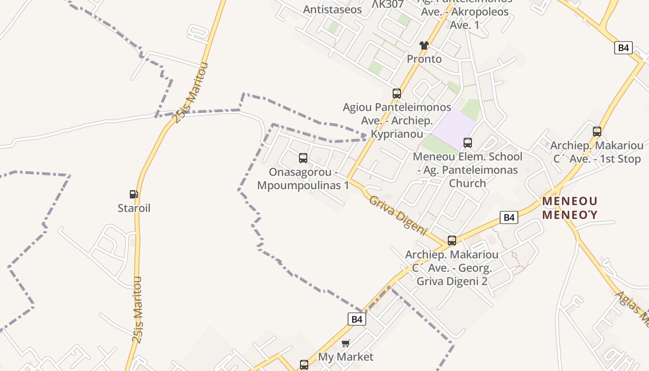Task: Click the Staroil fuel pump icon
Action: pos(134,194)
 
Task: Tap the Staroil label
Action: pos(134,208)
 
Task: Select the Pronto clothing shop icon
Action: pos(424,45)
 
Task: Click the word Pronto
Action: pos(424,59)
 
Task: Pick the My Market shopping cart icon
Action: pos(345,343)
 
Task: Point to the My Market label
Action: pos(345,357)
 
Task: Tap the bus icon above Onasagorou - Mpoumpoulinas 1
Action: pos(303,158)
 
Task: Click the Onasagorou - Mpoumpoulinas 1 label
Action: pos(303,179)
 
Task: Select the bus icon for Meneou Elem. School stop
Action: pos(468,143)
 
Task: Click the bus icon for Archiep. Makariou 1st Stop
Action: pos(597,132)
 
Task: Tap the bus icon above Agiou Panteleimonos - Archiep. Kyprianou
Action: pos(397,94)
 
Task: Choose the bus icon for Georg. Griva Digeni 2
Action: pos(452,241)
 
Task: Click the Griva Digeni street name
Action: pos(398,215)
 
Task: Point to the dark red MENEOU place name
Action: pos(570,201)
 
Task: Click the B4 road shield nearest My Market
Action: pos(356,319)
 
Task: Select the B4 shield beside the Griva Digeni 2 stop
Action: pos(509,217)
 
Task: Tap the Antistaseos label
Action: pos(332,9)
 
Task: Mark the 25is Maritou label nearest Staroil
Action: pos(138,309)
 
